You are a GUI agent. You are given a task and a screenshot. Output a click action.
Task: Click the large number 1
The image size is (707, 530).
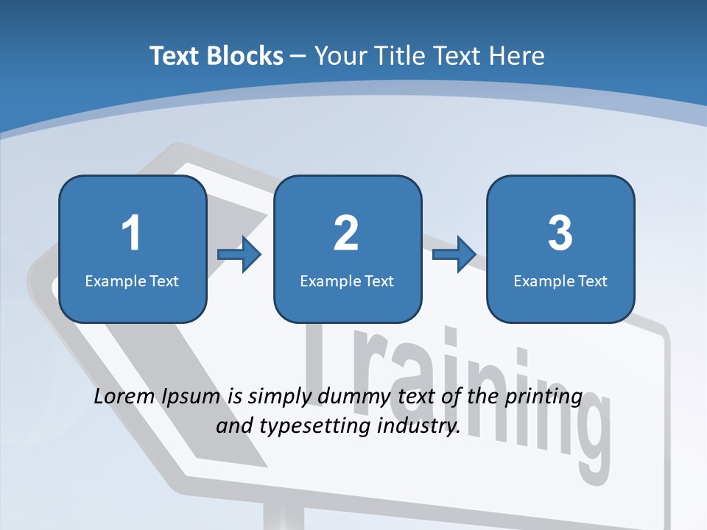pos(131,233)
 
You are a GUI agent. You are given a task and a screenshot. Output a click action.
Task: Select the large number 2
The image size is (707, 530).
pos(346,233)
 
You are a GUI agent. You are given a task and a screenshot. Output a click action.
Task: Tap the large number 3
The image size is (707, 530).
pos(560,233)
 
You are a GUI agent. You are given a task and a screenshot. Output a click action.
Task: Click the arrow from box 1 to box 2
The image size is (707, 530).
pos(240,255)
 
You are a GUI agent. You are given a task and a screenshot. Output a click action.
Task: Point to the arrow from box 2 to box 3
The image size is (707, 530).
pos(454,255)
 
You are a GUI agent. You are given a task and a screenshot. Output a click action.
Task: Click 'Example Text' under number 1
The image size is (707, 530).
pos(132,280)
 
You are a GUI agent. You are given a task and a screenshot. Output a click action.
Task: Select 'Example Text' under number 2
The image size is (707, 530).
pos(347,280)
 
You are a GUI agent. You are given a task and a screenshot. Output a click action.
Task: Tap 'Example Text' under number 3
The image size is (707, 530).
pos(560,280)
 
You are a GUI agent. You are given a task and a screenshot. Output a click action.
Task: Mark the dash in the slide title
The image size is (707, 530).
pos(299,56)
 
